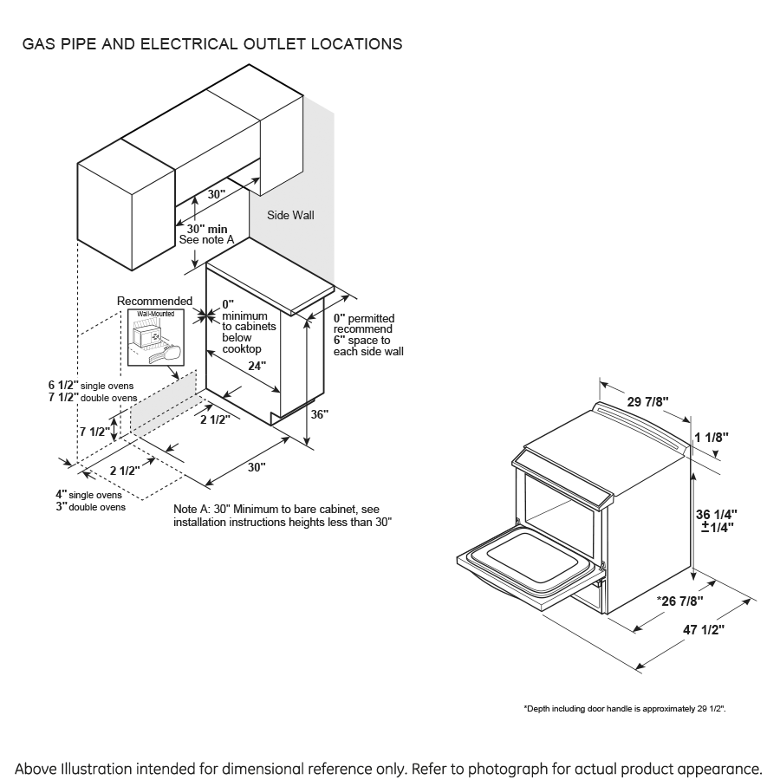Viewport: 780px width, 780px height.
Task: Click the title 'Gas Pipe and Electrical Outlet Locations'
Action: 212,43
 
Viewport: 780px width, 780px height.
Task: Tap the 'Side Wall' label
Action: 290,216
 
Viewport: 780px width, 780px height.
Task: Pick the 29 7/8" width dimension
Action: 647,400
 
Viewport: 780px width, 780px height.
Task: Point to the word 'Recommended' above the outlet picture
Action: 155,301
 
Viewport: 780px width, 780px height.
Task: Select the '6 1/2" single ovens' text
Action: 91,385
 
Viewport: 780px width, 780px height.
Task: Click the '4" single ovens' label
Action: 89,495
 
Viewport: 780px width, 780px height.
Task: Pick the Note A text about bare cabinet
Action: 283,516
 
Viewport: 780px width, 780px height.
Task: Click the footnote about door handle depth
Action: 625,709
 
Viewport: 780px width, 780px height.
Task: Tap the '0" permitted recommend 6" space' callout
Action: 368,335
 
